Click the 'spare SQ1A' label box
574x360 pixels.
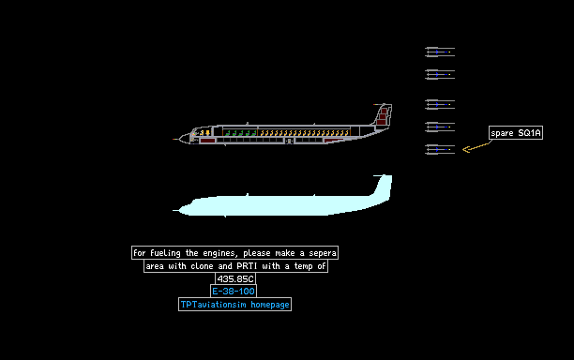(x=516, y=133)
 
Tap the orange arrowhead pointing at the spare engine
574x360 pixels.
(x=466, y=149)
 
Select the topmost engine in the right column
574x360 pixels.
(x=440, y=52)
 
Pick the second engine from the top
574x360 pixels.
(x=440, y=74)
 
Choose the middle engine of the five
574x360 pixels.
(x=440, y=104)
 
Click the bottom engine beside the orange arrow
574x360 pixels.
(x=440, y=149)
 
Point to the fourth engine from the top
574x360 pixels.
(x=440, y=127)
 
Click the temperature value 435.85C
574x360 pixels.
(x=235, y=278)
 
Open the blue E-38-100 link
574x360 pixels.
(x=234, y=292)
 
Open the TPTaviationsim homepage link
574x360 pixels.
(x=235, y=305)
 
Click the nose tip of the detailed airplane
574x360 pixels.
(x=174, y=139)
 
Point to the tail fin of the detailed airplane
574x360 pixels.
(x=383, y=114)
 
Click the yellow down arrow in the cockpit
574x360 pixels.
(x=208, y=132)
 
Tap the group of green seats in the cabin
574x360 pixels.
(x=240, y=132)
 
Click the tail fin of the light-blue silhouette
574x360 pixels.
(x=383, y=186)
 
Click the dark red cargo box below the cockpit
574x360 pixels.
(x=207, y=141)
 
